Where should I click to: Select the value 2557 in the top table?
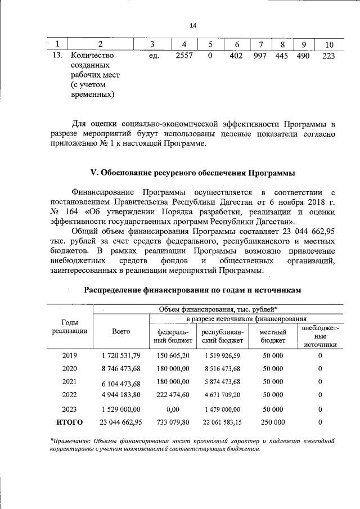coord(184,55)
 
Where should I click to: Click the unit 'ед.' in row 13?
coord(151,55)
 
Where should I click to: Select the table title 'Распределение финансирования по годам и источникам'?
coord(193,290)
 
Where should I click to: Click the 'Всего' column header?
coord(120,332)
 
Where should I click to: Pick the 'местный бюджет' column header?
coord(273,336)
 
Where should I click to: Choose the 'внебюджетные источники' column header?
coord(319,336)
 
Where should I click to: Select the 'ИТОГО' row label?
coord(69,422)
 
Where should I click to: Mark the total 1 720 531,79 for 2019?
coord(121,356)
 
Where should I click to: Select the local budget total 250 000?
coord(273,422)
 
